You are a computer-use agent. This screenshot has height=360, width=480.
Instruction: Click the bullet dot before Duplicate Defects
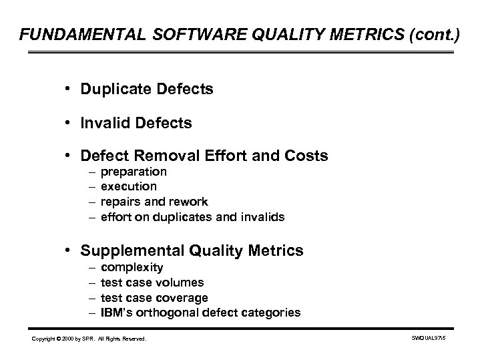pos(70,88)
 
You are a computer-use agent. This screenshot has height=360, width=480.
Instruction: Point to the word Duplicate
pos(114,88)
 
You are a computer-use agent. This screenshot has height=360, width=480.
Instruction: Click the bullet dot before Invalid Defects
pos(70,123)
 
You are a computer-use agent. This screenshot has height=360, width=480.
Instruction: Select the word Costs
pos(305,156)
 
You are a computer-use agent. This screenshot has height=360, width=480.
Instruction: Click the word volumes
pos(181,282)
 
